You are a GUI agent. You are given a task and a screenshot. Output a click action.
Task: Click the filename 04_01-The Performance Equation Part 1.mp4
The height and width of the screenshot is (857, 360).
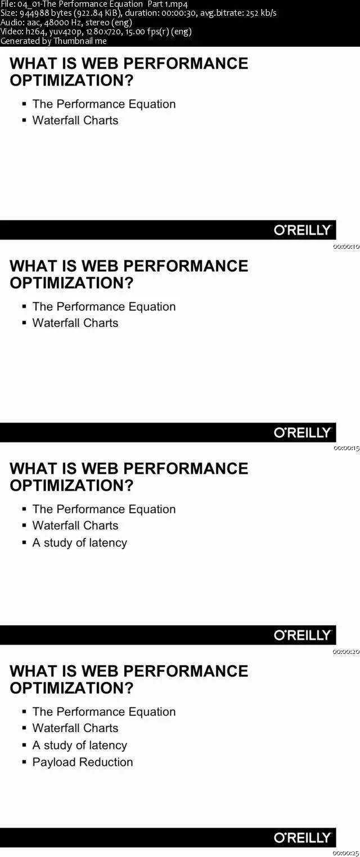102,4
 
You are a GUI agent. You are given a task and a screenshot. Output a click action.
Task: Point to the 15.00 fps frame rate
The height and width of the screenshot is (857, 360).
143,32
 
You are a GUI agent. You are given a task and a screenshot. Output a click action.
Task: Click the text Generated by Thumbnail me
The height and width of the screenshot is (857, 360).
53,41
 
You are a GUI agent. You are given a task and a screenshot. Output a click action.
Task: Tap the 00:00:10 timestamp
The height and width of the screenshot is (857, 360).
346,247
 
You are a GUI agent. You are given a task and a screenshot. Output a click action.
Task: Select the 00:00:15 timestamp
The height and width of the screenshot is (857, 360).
346,448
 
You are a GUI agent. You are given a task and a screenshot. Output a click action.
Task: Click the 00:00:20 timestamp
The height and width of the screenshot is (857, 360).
346,651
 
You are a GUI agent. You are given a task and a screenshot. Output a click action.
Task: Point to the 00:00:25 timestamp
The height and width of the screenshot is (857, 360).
346,853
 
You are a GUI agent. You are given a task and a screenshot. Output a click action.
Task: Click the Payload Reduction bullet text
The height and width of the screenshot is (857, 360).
83,762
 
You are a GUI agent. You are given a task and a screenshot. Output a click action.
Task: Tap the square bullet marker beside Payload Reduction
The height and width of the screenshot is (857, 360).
25,762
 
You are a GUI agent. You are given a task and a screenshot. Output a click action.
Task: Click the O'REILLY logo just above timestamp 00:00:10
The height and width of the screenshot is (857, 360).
303,230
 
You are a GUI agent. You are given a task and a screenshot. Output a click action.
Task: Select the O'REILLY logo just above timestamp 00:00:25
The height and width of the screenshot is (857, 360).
303,837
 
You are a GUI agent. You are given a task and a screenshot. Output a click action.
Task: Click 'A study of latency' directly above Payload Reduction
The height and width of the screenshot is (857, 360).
79,745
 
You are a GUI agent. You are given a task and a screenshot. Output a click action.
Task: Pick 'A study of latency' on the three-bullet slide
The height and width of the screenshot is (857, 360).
79,543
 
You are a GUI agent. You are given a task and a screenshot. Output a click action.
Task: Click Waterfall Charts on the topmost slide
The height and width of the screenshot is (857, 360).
75,120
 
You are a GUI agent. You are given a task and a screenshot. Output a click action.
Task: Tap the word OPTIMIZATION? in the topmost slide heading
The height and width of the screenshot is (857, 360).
71,80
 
